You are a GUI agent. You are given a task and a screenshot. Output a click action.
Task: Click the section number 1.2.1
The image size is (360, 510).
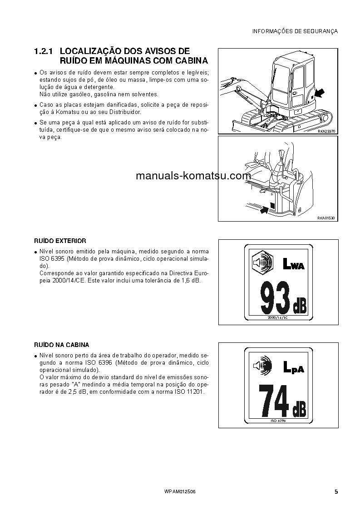44,51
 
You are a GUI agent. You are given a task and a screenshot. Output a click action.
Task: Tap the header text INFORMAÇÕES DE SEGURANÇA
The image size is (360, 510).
295,31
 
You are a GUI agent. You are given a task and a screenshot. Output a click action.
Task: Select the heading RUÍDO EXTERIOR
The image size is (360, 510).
60,241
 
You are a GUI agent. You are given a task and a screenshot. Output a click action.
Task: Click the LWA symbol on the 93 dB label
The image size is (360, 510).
293,264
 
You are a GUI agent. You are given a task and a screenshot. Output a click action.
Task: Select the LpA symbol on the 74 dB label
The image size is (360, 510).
293,367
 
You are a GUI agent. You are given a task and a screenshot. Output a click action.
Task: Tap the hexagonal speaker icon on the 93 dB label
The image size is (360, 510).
261,263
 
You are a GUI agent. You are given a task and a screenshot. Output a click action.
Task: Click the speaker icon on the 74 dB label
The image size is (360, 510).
261,366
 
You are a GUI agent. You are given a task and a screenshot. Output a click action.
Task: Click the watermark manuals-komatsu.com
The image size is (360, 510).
193,176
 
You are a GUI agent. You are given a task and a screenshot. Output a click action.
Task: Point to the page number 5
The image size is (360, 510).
336,492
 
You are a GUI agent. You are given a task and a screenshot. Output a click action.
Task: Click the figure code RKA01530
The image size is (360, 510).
326,218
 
